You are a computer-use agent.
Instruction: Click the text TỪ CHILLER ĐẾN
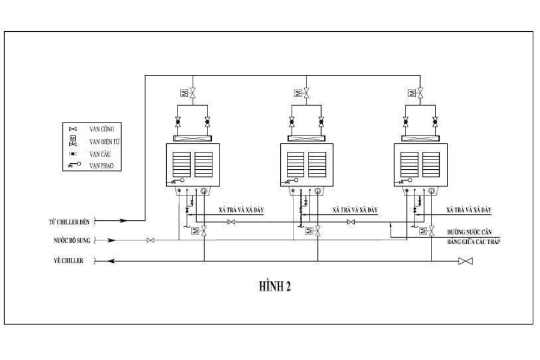pyautogui.click(x=70, y=221)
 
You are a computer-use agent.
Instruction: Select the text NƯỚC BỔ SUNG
pyautogui.click(x=70, y=241)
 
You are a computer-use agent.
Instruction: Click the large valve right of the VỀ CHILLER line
pyautogui.click(x=465, y=261)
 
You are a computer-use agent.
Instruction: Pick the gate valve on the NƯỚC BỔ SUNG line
pyautogui.click(x=151, y=241)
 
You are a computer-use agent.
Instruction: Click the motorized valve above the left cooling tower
pyautogui.click(x=193, y=93)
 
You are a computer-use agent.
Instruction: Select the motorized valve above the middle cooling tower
pyautogui.click(x=307, y=93)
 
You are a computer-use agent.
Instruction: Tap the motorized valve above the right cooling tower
pyautogui.click(x=420, y=93)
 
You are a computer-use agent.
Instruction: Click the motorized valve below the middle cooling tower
pyautogui.click(x=317, y=230)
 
